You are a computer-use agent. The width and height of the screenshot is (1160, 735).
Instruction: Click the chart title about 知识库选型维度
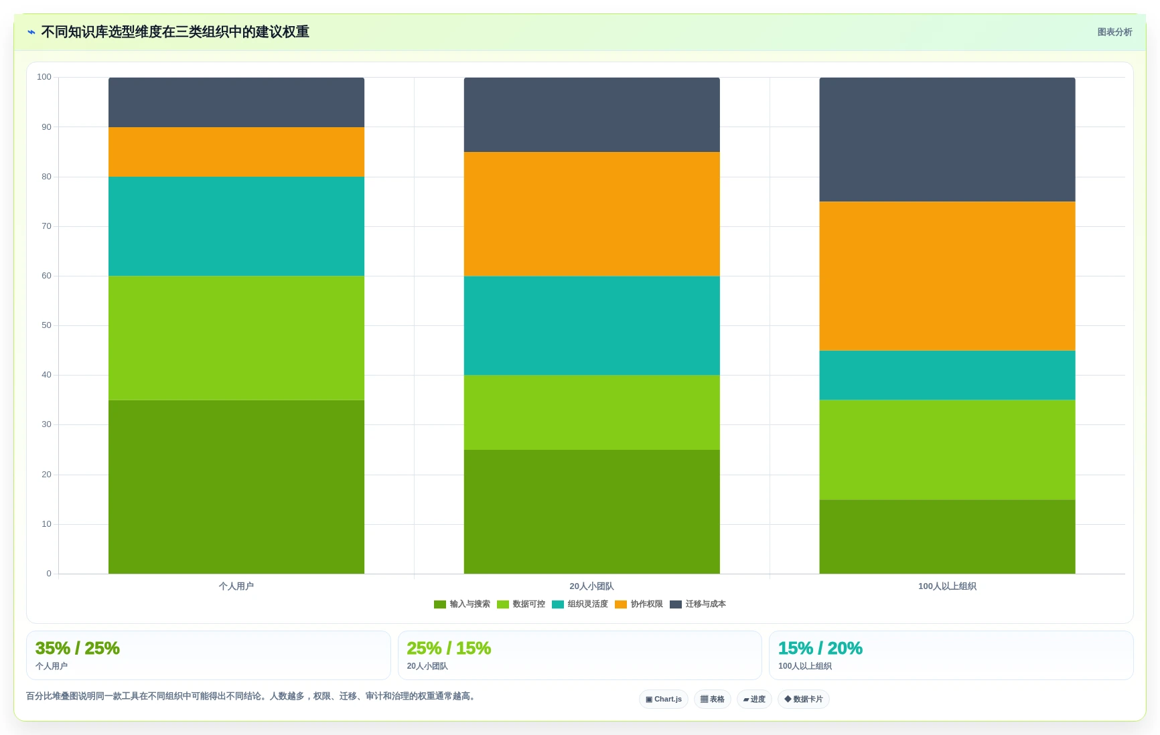click(x=175, y=32)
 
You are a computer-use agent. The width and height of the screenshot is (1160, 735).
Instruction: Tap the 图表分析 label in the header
click(x=1114, y=32)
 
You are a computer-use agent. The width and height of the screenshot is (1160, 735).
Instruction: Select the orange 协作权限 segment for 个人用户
click(x=236, y=152)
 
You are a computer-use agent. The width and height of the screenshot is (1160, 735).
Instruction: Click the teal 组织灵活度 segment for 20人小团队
click(x=592, y=325)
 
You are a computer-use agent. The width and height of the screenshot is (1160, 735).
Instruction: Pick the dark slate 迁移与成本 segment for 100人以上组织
click(x=947, y=139)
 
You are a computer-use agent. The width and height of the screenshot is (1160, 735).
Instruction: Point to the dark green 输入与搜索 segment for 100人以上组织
click(x=947, y=537)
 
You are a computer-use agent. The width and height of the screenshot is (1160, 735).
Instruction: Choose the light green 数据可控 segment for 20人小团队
click(x=592, y=412)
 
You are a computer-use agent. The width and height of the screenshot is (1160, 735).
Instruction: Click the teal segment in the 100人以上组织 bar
click(x=947, y=376)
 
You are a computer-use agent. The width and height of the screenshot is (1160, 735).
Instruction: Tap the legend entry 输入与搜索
click(x=462, y=604)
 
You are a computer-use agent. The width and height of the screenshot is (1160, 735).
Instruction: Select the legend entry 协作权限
click(x=639, y=604)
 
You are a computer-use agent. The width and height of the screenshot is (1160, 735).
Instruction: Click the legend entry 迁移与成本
click(x=698, y=604)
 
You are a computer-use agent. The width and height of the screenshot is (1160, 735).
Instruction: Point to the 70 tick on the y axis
click(x=46, y=226)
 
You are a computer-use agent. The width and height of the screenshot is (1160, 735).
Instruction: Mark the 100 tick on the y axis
click(x=44, y=77)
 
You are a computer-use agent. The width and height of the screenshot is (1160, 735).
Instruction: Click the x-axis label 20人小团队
click(x=592, y=586)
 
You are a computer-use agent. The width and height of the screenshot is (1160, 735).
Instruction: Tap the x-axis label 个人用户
click(x=236, y=586)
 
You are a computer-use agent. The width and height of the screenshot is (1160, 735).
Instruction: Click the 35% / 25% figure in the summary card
click(x=78, y=648)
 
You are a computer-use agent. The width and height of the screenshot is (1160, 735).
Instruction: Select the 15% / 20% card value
click(x=820, y=648)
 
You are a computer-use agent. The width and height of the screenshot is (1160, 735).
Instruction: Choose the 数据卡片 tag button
click(x=804, y=700)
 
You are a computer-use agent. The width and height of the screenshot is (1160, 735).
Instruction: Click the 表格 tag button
click(x=713, y=700)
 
